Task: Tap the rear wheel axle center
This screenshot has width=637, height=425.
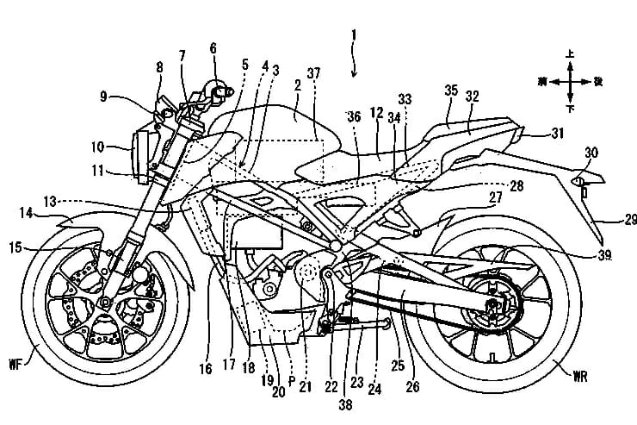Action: (x=492, y=305)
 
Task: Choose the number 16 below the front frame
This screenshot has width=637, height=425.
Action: (x=205, y=369)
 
